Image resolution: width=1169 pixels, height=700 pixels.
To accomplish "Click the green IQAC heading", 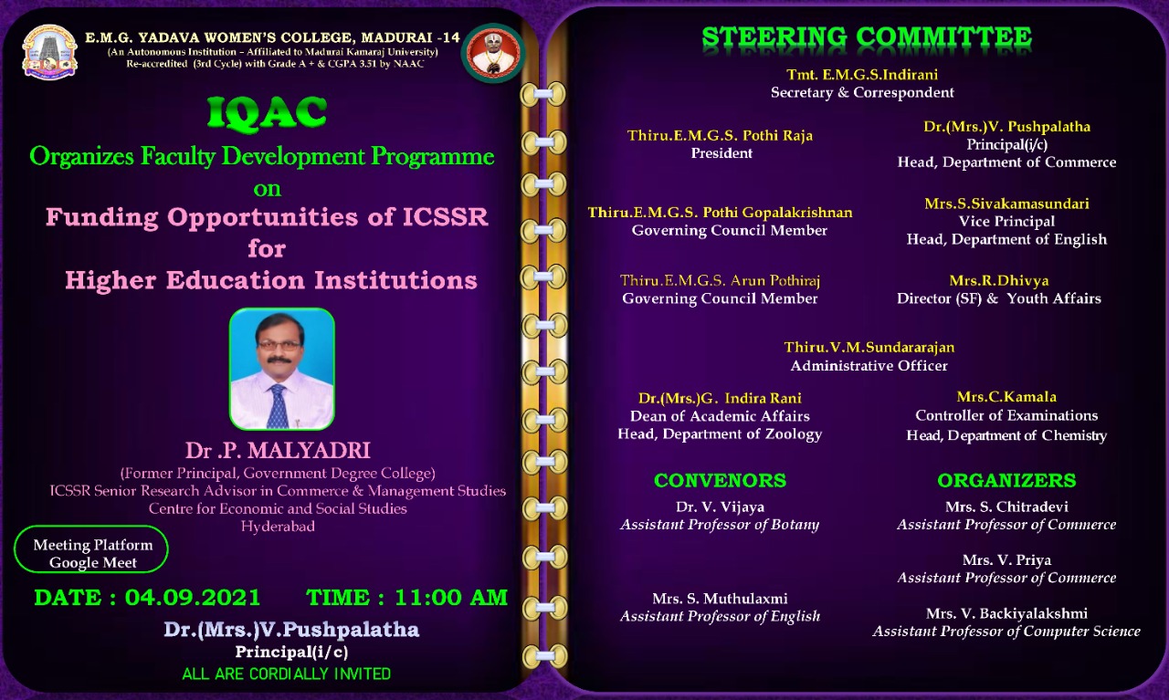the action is click(267, 111).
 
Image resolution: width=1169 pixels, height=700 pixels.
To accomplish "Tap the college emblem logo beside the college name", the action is click(49, 52).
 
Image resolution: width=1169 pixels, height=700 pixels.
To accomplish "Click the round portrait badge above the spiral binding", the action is click(492, 53).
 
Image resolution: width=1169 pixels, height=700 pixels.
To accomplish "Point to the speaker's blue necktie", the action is click(278, 406).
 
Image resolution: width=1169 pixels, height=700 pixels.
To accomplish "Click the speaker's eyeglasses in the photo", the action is click(279, 345).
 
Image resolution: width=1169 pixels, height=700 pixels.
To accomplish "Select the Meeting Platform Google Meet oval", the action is click(91, 549).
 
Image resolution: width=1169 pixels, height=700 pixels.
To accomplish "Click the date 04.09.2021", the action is click(193, 598).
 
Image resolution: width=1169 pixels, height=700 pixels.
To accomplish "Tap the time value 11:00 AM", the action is click(451, 598).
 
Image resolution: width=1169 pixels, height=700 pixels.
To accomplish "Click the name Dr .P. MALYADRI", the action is click(278, 450).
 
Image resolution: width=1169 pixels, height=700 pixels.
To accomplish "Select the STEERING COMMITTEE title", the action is click(867, 37).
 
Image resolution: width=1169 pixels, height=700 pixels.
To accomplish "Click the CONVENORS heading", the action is click(720, 480).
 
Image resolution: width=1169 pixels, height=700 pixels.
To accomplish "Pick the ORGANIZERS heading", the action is click(1006, 480).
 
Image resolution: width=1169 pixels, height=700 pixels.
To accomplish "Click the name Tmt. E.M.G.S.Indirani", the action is click(862, 75).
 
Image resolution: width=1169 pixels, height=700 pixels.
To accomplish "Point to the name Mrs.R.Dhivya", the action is click(999, 280).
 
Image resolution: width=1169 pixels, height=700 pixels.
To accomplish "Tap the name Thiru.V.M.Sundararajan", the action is click(869, 348).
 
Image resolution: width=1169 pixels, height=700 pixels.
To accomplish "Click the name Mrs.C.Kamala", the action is click(1006, 397).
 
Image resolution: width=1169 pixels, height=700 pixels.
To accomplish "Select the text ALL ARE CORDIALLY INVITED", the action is click(286, 674).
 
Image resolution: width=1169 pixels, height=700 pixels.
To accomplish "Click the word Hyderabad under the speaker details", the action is click(278, 527).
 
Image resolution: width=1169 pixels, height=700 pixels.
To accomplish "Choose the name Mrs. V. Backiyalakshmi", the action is click(1006, 613).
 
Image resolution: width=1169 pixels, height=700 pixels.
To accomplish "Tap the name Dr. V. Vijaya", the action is click(720, 507).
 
